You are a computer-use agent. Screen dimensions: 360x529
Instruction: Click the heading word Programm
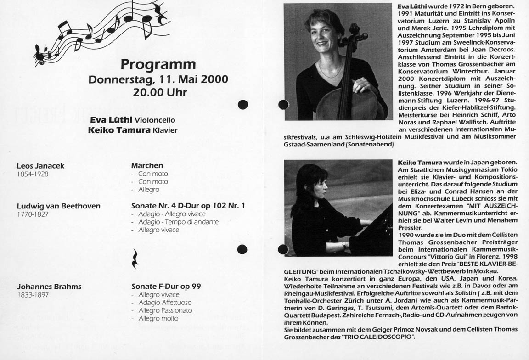pos(158,64)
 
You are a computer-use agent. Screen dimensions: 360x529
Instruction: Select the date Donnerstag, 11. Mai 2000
pos(158,79)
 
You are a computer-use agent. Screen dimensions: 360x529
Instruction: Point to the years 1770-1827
pos(33,214)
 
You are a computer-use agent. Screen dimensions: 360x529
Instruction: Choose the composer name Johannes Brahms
pos(49,287)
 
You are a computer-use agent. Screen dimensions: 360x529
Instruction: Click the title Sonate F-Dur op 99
pos(166,287)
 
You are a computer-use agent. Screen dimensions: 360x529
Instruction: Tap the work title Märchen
pos(147,165)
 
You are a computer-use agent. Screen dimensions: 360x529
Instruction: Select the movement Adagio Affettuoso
pos(165,303)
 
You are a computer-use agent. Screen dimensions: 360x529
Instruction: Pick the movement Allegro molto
pos(158,318)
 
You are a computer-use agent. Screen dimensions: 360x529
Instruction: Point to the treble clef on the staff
pos(39,55)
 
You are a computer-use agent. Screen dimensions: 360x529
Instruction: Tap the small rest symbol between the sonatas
pos(135,259)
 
